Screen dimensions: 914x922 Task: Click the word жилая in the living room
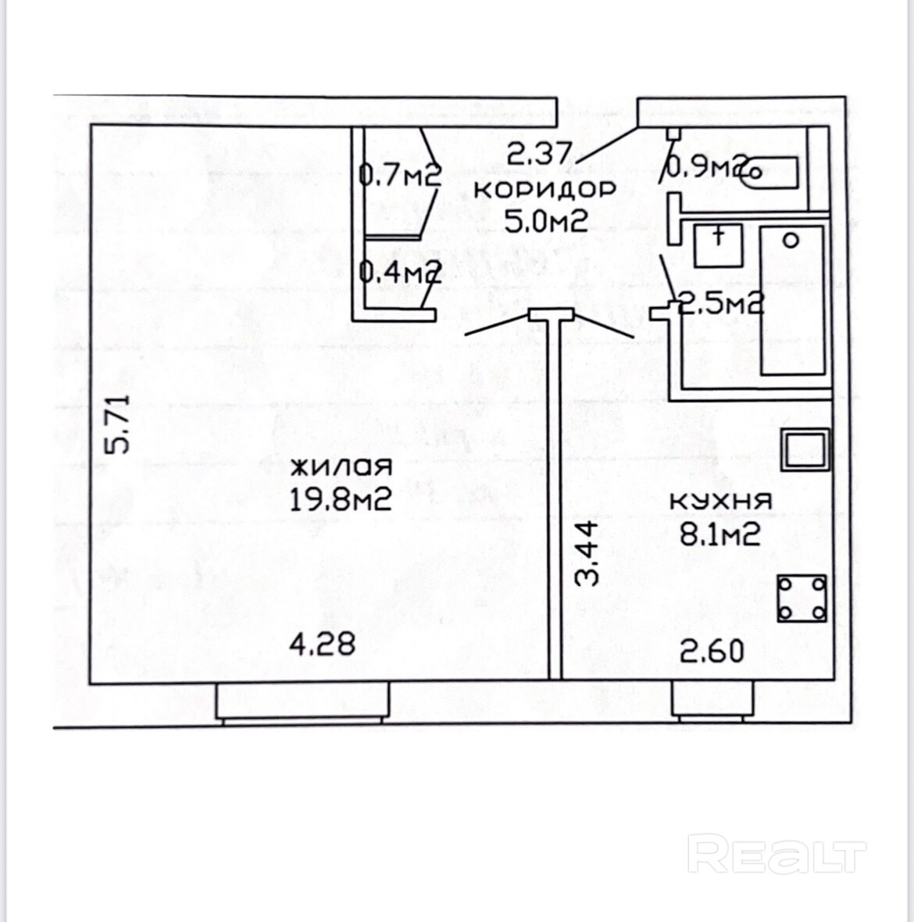(x=341, y=467)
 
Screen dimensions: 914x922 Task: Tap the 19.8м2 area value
(x=341, y=501)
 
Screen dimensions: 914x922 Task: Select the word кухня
(x=721, y=502)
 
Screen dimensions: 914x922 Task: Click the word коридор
(x=544, y=190)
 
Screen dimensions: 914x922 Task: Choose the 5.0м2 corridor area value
(x=546, y=221)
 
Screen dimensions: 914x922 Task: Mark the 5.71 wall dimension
(x=116, y=424)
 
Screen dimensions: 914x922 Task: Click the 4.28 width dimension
(x=323, y=644)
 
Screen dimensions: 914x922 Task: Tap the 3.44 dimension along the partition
(x=586, y=554)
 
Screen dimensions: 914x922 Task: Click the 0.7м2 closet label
(x=400, y=175)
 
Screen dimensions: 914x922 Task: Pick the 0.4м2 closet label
(x=400, y=272)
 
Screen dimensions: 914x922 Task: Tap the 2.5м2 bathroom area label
(x=720, y=304)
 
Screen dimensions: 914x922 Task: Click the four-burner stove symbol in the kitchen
(x=802, y=599)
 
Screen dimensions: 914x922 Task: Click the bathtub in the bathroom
(x=792, y=301)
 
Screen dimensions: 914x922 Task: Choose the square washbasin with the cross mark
(x=718, y=245)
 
